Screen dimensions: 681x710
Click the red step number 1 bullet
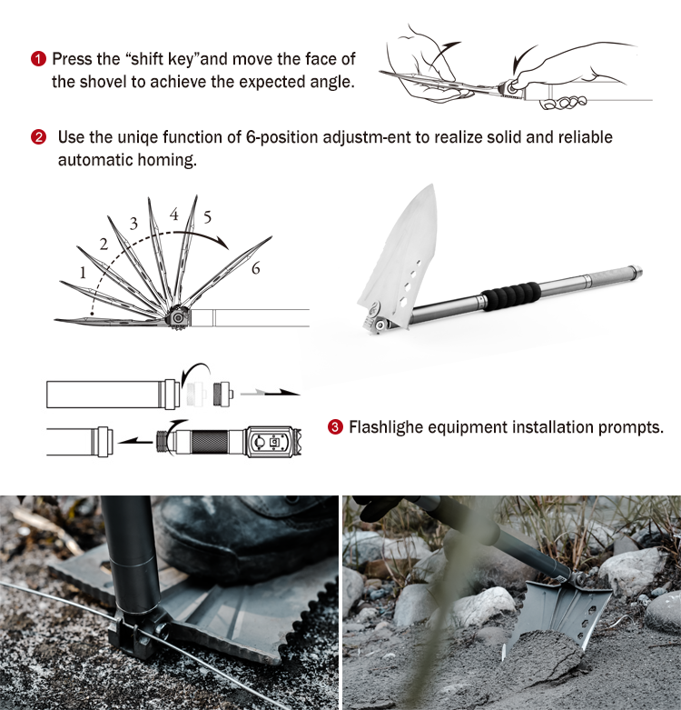38,59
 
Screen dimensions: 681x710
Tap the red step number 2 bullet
38,136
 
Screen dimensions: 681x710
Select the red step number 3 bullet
335,427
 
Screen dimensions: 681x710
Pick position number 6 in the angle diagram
256,268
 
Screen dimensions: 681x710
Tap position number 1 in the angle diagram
83,273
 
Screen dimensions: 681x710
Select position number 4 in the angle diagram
174,215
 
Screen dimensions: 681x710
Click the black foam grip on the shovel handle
511,296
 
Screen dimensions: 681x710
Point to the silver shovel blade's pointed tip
433,185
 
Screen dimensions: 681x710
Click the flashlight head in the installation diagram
272,441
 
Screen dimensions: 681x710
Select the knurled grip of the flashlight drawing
210,442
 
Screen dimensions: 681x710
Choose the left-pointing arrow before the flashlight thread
135,440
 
